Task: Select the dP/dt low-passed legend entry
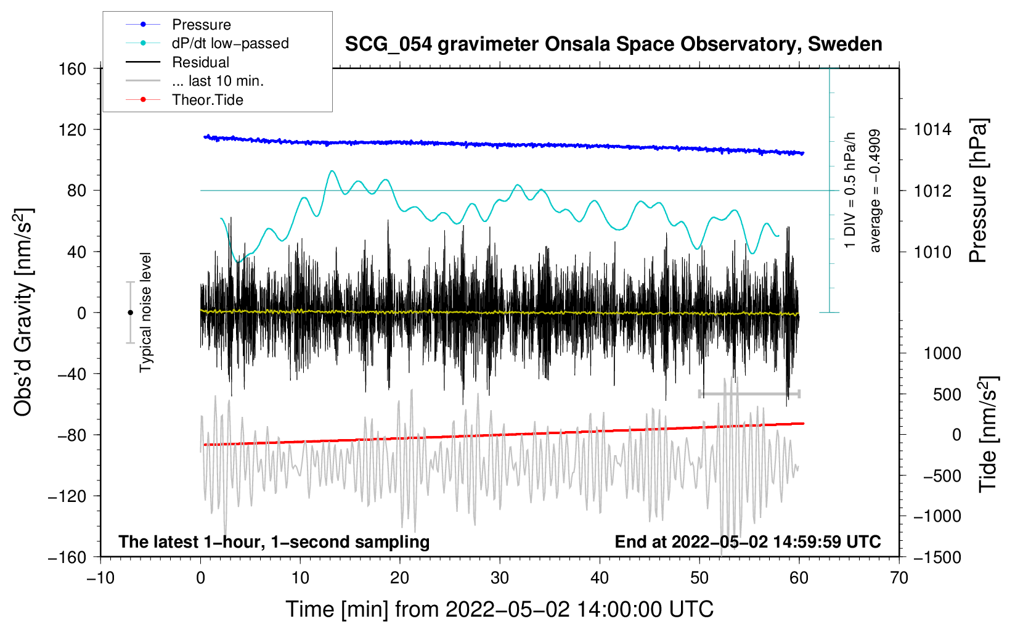coord(230,43)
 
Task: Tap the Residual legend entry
coord(200,62)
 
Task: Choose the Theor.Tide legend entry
coord(207,100)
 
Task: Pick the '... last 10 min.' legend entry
coord(218,81)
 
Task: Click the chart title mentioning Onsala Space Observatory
coord(613,44)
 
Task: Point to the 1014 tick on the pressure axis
coord(932,129)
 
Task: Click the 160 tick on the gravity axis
coord(73,68)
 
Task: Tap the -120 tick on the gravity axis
coord(67,496)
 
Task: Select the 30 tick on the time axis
coord(500,578)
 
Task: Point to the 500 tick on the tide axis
coord(947,394)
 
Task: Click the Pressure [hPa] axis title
coord(979,191)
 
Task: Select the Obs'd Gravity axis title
coord(23,312)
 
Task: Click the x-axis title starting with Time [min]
coord(500,609)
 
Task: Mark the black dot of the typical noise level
coord(130,313)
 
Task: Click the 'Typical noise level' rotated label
coord(145,312)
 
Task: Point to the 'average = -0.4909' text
coord(874,191)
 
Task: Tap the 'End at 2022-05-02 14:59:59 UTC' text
coord(748,541)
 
